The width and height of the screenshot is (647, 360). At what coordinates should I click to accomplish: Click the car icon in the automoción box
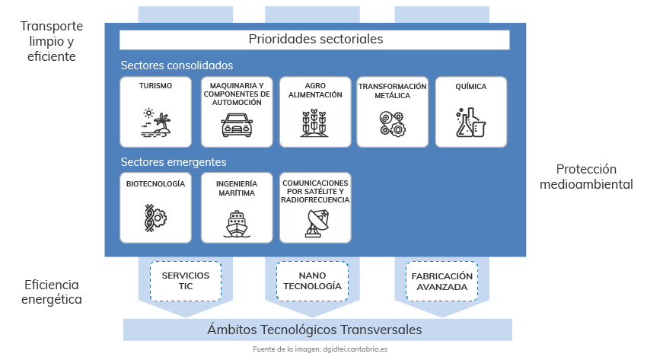tap(237, 125)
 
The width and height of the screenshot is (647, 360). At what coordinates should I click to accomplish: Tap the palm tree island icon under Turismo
tap(155, 123)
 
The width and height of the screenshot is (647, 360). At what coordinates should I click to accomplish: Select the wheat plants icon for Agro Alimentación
tap(315, 123)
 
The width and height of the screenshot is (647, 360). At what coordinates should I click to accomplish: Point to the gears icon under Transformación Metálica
tap(393, 124)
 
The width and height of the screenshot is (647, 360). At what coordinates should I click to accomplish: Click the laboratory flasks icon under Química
tap(471, 123)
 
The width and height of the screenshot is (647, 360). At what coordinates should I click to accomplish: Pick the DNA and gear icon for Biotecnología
tap(155, 218)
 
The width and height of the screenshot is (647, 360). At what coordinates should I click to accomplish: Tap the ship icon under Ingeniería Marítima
tap(237, 224)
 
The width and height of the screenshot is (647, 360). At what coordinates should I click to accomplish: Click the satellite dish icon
tap(317, 223)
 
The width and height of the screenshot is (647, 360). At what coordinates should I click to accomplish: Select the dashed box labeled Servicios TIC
tap(186, 281)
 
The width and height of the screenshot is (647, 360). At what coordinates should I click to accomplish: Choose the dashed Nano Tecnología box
tap(312, 281)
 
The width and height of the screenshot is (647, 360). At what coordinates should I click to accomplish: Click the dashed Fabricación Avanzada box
tap(442, 282)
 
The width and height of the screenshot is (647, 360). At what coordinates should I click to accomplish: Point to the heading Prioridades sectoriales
tap(316, 39)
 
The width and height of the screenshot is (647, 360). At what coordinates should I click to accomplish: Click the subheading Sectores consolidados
tap(177, 65)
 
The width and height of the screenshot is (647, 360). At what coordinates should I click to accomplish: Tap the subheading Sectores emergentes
tap(174, 162)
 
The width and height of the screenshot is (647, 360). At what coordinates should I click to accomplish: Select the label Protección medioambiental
tap(586, 177)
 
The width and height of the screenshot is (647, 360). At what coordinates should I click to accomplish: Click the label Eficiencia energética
tap(52, 292)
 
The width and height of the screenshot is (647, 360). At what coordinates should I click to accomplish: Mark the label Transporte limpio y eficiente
tap(52, 41)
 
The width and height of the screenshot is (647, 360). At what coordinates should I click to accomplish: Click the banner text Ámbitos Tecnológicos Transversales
tap(314, 330)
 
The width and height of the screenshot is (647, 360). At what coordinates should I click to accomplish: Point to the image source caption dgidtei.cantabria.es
tap(355, 349)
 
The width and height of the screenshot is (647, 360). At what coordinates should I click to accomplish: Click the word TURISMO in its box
tap(155, 86)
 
